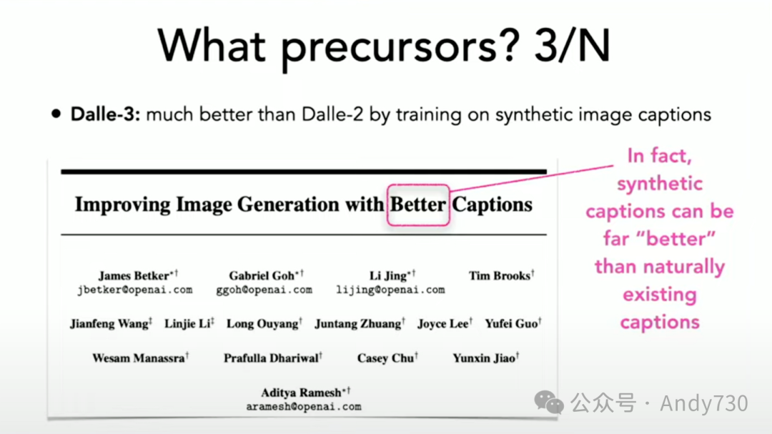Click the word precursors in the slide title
(400, 48)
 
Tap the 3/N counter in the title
(572, 46)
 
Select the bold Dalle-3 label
(105, 114)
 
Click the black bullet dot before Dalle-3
(56, 114)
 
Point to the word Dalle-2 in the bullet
(332, 114)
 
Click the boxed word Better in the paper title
(418, 204)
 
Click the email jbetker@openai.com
(135, 290)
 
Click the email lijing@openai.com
(390, 290)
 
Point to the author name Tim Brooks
(499, 276)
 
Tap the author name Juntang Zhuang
(358, 324)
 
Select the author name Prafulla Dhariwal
(271, 358)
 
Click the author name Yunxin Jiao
(483, 358)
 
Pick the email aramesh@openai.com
(304, 407)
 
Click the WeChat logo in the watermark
(548, 402)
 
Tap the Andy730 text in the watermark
(703, 403)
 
